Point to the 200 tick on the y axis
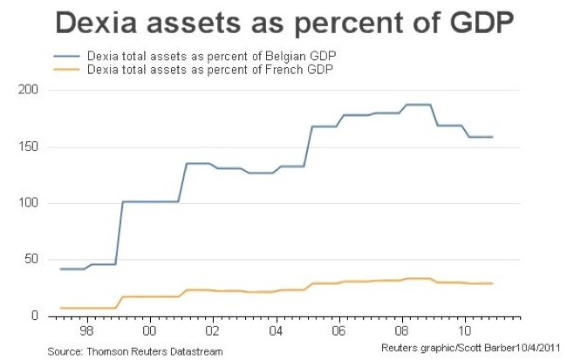pos(29,90)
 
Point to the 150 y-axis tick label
pos(29,146)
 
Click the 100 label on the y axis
pos(29,203)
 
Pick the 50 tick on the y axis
pos(32,260)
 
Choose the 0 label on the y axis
pos(36,316)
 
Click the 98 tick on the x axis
pos(85,332)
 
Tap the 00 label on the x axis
pos(149,332)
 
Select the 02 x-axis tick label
pos(212,332)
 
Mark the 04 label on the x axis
pos(276,332)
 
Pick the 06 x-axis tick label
pos(339,332)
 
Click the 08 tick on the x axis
pos(402,332)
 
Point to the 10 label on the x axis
pos(466,332)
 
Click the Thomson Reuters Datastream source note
pos(135,350)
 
